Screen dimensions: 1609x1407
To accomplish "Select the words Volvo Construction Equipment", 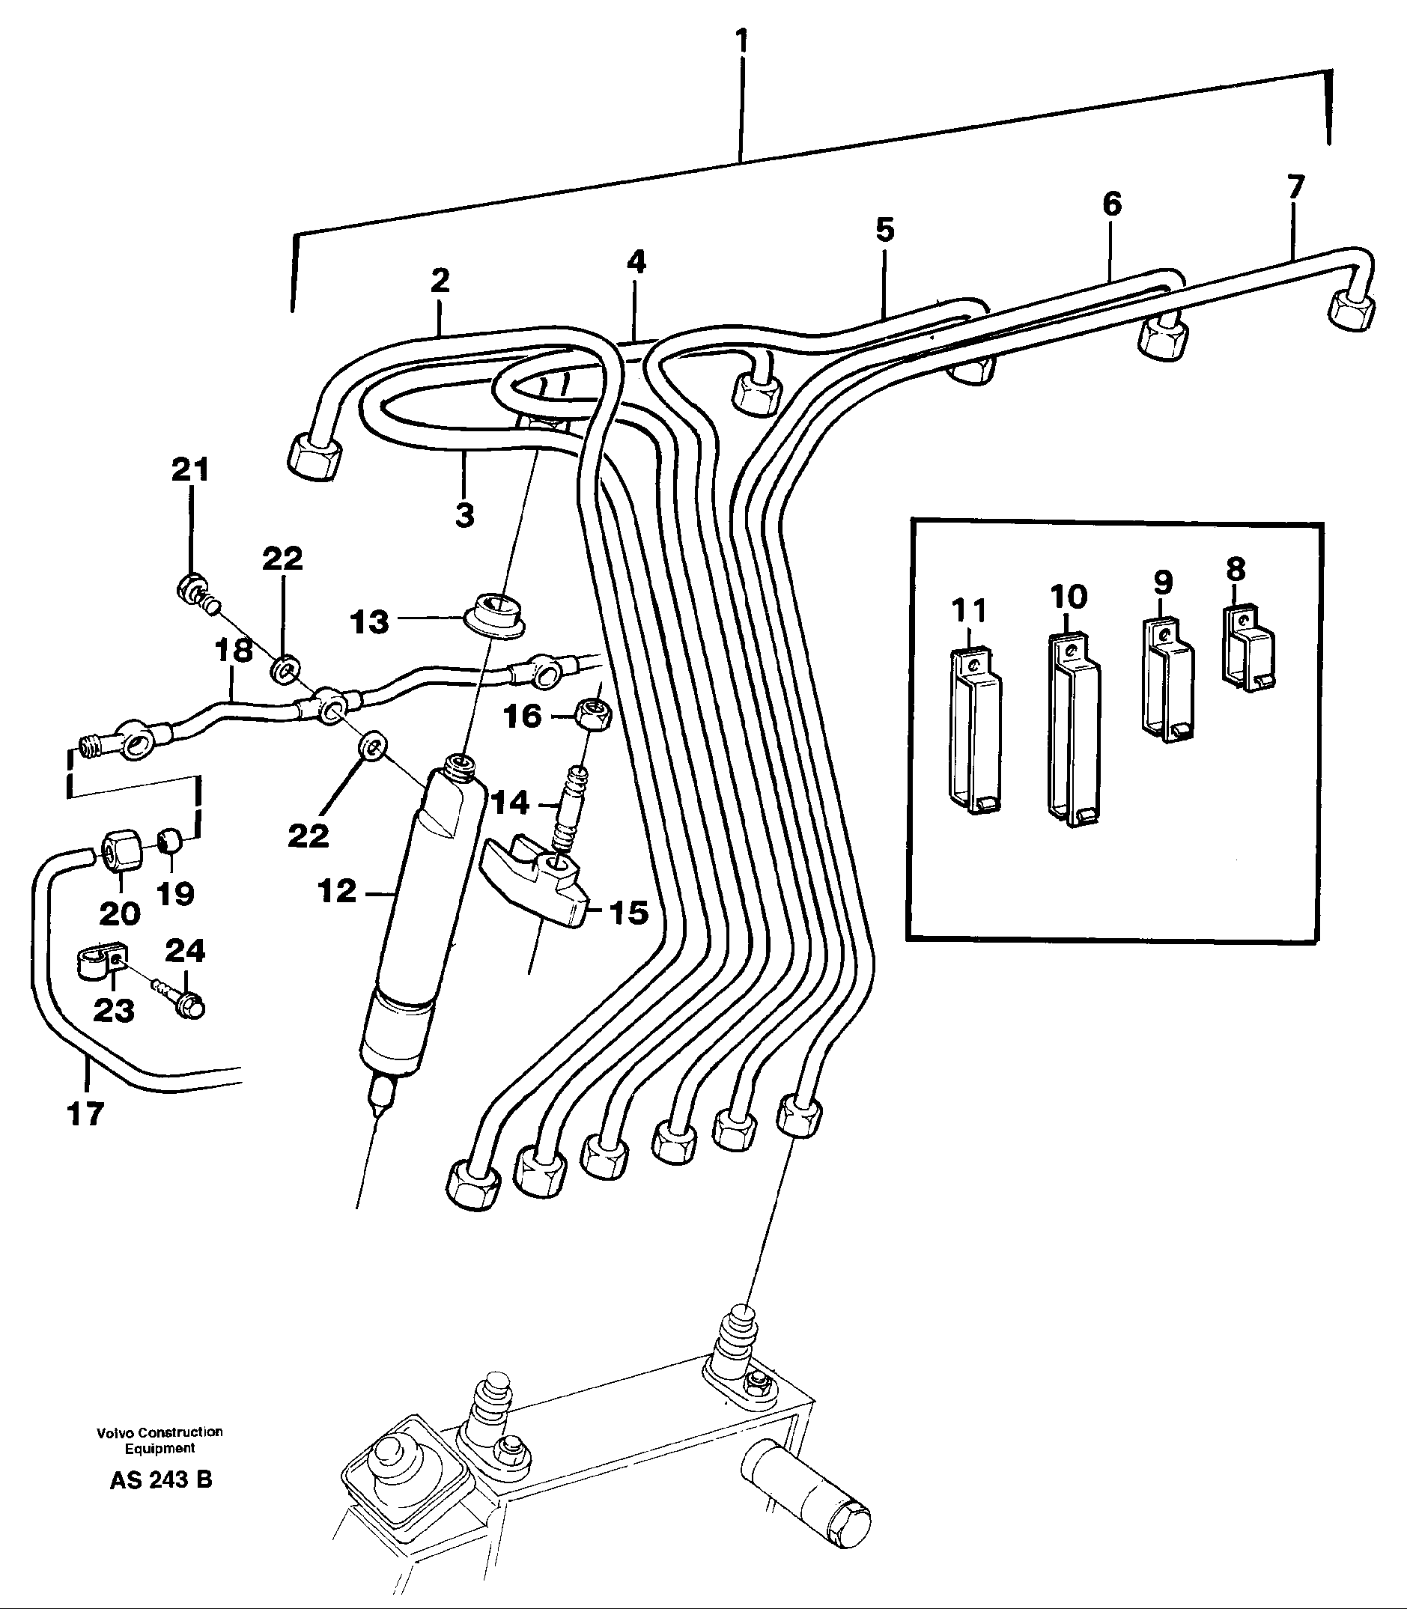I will [x=159, y=1440].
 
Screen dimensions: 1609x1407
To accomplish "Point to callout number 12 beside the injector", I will [x=337, y=891].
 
